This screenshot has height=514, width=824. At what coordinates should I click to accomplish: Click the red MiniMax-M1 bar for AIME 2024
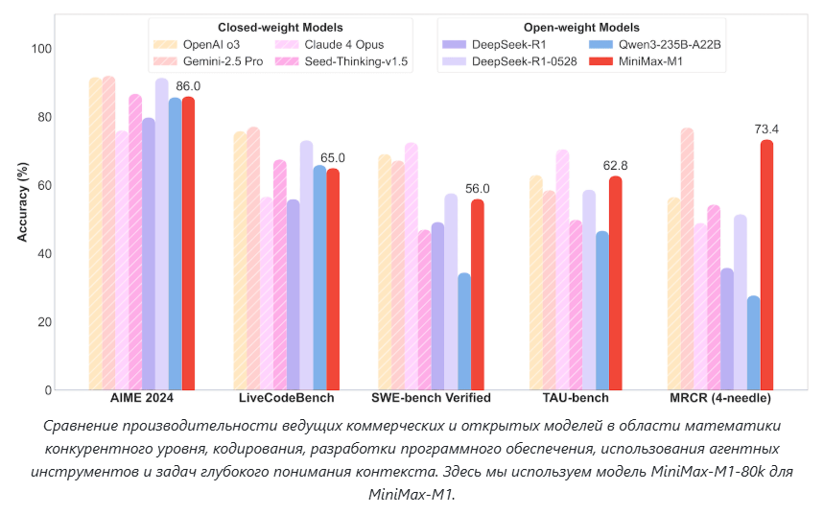point(188,245)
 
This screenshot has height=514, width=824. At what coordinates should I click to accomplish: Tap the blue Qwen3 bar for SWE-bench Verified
point(464,332)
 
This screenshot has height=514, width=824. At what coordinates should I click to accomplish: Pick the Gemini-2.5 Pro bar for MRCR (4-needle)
point(687,259)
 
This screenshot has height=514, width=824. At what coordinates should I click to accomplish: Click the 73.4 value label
point(766,129)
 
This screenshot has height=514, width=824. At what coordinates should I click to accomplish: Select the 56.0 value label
point(477,189)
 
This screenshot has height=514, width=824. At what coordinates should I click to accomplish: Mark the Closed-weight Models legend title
point(280,28)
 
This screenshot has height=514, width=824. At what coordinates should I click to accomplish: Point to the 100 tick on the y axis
point(42,49)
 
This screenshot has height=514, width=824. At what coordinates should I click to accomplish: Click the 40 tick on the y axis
point(45,253)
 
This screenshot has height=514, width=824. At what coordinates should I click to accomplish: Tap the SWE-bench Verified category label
point(431,398)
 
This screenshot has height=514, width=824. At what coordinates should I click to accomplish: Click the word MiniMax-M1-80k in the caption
point(680,474)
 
